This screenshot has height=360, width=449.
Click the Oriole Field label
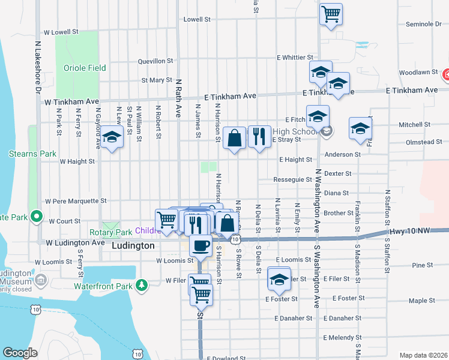click(x=85, y=68)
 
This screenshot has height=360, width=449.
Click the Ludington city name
click(x=132, y=246)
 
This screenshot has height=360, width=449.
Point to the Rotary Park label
click(x=110, y=232)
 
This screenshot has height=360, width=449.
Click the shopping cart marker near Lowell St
click(x=331, y=14)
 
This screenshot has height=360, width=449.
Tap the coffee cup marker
click(x=200, y=244)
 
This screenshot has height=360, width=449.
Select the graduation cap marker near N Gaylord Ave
click(x=110, y=137)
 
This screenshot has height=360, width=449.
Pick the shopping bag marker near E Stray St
click(x=234, y=137)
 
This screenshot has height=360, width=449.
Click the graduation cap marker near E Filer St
click(x=278, y=280)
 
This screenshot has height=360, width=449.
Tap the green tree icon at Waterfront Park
click(x=141, y=284)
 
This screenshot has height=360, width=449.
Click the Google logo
click(x=20, y=353)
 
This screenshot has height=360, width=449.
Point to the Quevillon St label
click(x=155, y=61)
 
